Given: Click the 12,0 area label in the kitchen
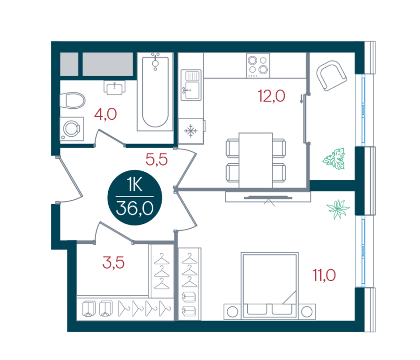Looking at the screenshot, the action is [271, 96].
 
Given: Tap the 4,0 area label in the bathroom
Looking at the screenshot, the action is [106, 114].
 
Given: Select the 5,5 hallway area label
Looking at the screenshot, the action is [156, 159].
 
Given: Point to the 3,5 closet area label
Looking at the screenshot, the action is [113, 262].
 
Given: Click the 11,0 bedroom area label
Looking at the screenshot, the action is [324, 275].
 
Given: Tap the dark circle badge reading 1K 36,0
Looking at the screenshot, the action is [135, 198].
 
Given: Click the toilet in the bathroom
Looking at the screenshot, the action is [72, 100].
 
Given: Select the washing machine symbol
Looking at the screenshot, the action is [71, 129].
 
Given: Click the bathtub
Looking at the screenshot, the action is [155, 91].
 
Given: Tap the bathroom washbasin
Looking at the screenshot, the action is [114, 87].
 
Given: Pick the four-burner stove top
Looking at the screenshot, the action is [258, 66].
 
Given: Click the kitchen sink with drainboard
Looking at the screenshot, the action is [191, 85].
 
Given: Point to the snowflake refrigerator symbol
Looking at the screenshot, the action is [191, 131].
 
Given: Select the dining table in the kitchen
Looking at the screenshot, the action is [256, 160].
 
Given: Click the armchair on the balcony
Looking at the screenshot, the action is [332, 76].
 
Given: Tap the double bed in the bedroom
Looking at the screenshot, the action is [270, 286].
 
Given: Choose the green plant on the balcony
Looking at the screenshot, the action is [334, 159].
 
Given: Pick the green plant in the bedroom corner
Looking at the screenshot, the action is [338, 209].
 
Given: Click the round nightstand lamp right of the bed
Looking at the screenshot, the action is [307, 312].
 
